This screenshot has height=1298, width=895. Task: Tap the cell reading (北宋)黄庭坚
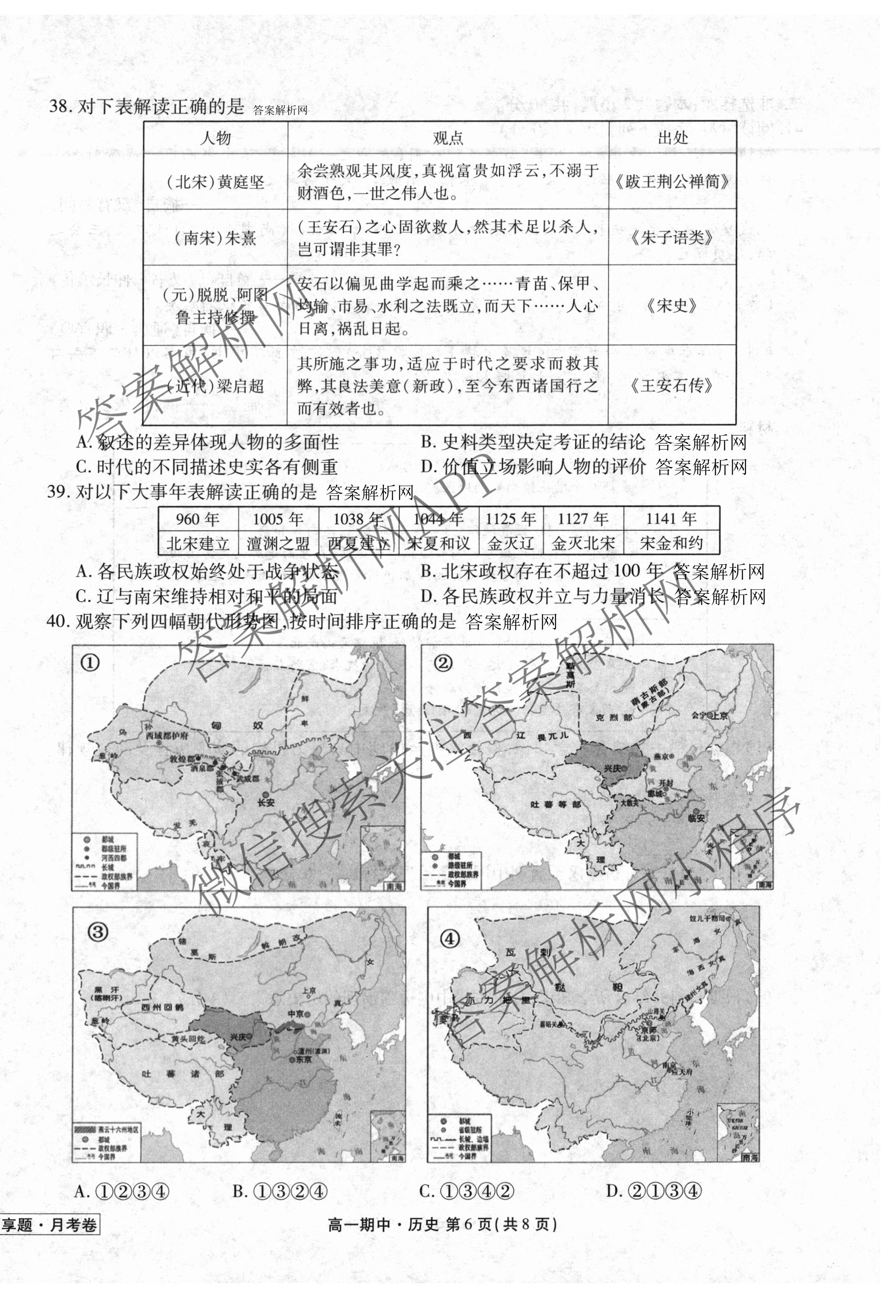click(215, 182)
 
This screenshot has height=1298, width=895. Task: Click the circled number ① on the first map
click(90, 663)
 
